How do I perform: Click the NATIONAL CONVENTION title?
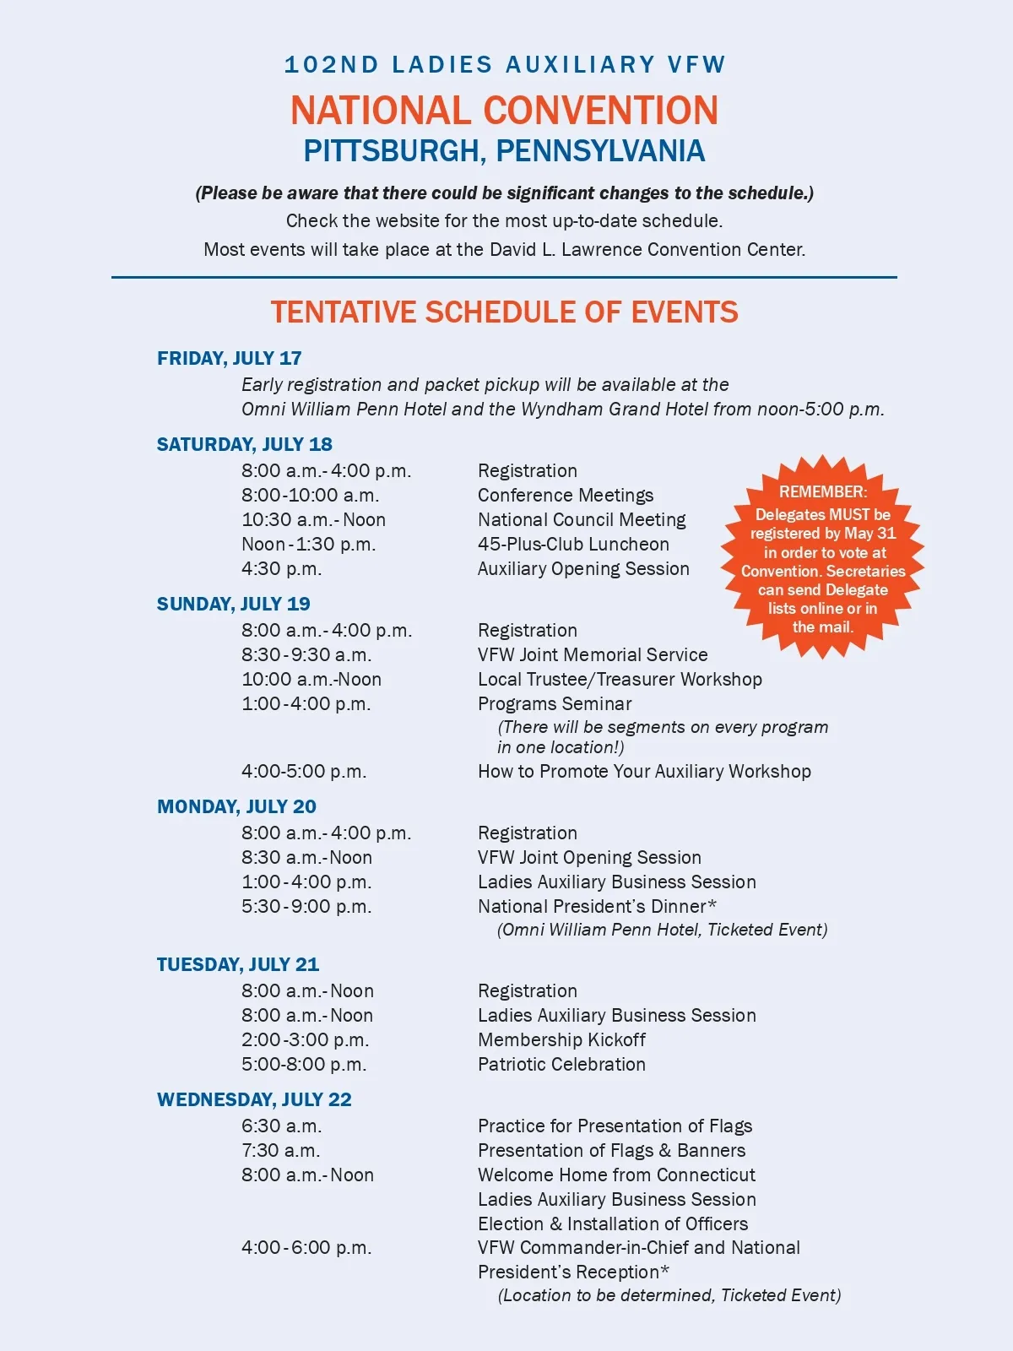[504, 111]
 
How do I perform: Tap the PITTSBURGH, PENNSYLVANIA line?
[504, 151]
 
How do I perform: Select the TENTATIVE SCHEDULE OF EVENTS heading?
[504, 312]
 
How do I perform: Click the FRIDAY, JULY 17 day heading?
[229, 358]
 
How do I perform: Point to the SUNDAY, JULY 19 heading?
[233, 604]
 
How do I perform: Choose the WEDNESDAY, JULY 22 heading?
[254, 1099]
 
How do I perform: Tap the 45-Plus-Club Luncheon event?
[573, 544]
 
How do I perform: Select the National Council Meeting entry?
[582, 519]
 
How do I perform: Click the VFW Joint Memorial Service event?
[593, 654]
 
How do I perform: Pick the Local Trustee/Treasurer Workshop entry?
[620, 679]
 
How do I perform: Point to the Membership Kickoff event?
[561, 1039]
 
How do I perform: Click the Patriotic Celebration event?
[561, 1064]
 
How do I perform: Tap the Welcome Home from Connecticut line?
[616, 1175]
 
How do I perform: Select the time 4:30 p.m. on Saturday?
[282, 568]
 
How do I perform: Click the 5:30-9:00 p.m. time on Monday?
[306, 906]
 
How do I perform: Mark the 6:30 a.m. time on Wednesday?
[281, 1126]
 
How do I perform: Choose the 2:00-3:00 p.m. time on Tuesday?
[306, 1039]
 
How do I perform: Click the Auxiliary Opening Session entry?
[583, 568]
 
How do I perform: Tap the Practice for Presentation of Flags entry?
[615, 1126]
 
